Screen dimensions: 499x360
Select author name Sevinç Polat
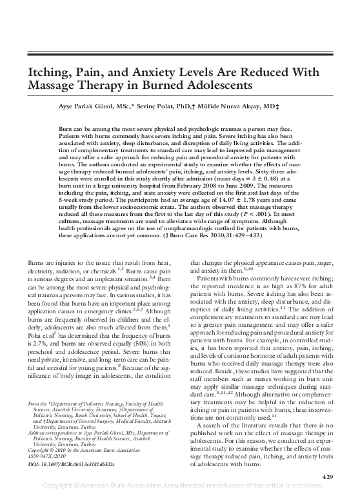point(152,104)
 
